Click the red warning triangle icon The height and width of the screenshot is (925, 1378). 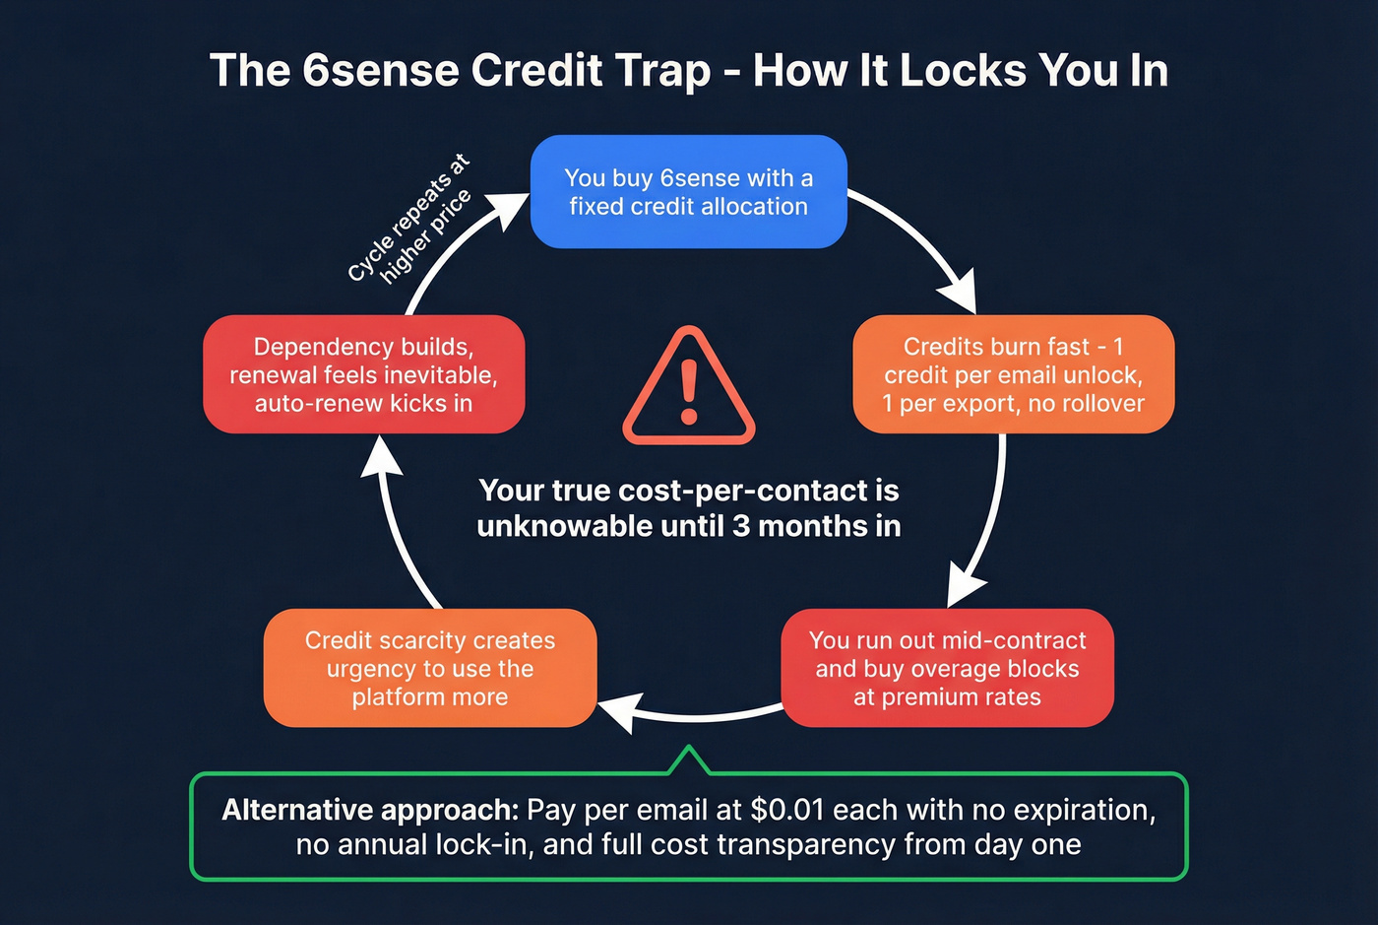[x=688, y=389]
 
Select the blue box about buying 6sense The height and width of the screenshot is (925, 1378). [x=688, y=192]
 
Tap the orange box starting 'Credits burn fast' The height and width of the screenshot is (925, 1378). [x=1013, y=374]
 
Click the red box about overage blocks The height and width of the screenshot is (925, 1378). [x=947, y=668]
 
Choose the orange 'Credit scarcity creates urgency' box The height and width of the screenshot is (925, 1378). [x=430, y=668]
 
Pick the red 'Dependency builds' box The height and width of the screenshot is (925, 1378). [x=363, y=374]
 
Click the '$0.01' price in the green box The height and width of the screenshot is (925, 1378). [x=786, y=810]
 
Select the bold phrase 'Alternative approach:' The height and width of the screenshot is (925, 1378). [x=370, y=810]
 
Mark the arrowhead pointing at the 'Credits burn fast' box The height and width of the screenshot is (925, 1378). [x=958, y=296]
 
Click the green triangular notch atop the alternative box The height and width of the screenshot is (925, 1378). [x=689, y=760]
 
